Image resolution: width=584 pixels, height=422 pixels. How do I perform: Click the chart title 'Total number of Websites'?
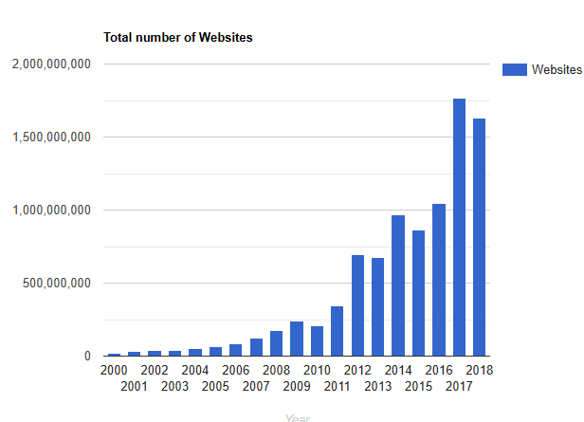(177, 38)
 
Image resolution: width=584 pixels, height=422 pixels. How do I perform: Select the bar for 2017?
(459, 228)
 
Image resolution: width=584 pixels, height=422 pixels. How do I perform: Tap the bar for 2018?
(480, 237)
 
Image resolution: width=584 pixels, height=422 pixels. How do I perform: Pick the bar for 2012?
(357, 305)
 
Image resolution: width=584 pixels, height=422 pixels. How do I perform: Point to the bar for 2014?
(398, 285)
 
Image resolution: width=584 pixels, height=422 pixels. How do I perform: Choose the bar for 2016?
(439, 280)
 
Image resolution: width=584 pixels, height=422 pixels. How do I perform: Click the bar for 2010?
(317, 340)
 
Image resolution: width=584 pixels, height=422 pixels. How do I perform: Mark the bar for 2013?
(377, 306)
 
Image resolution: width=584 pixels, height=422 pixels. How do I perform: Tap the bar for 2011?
(337, 331)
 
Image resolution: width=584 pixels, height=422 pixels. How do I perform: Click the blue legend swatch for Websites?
(513, 69)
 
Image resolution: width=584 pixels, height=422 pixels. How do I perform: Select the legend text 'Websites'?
(557, 69)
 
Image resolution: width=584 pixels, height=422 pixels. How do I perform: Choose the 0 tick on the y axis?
(86, 357)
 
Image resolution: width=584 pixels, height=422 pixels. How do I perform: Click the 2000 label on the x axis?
(114, 371)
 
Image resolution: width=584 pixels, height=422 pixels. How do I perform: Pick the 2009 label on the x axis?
(296, 386)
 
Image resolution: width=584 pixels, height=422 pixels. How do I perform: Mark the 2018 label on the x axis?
(479, 371)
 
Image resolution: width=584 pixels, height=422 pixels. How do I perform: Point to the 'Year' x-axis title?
(298, 416)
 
